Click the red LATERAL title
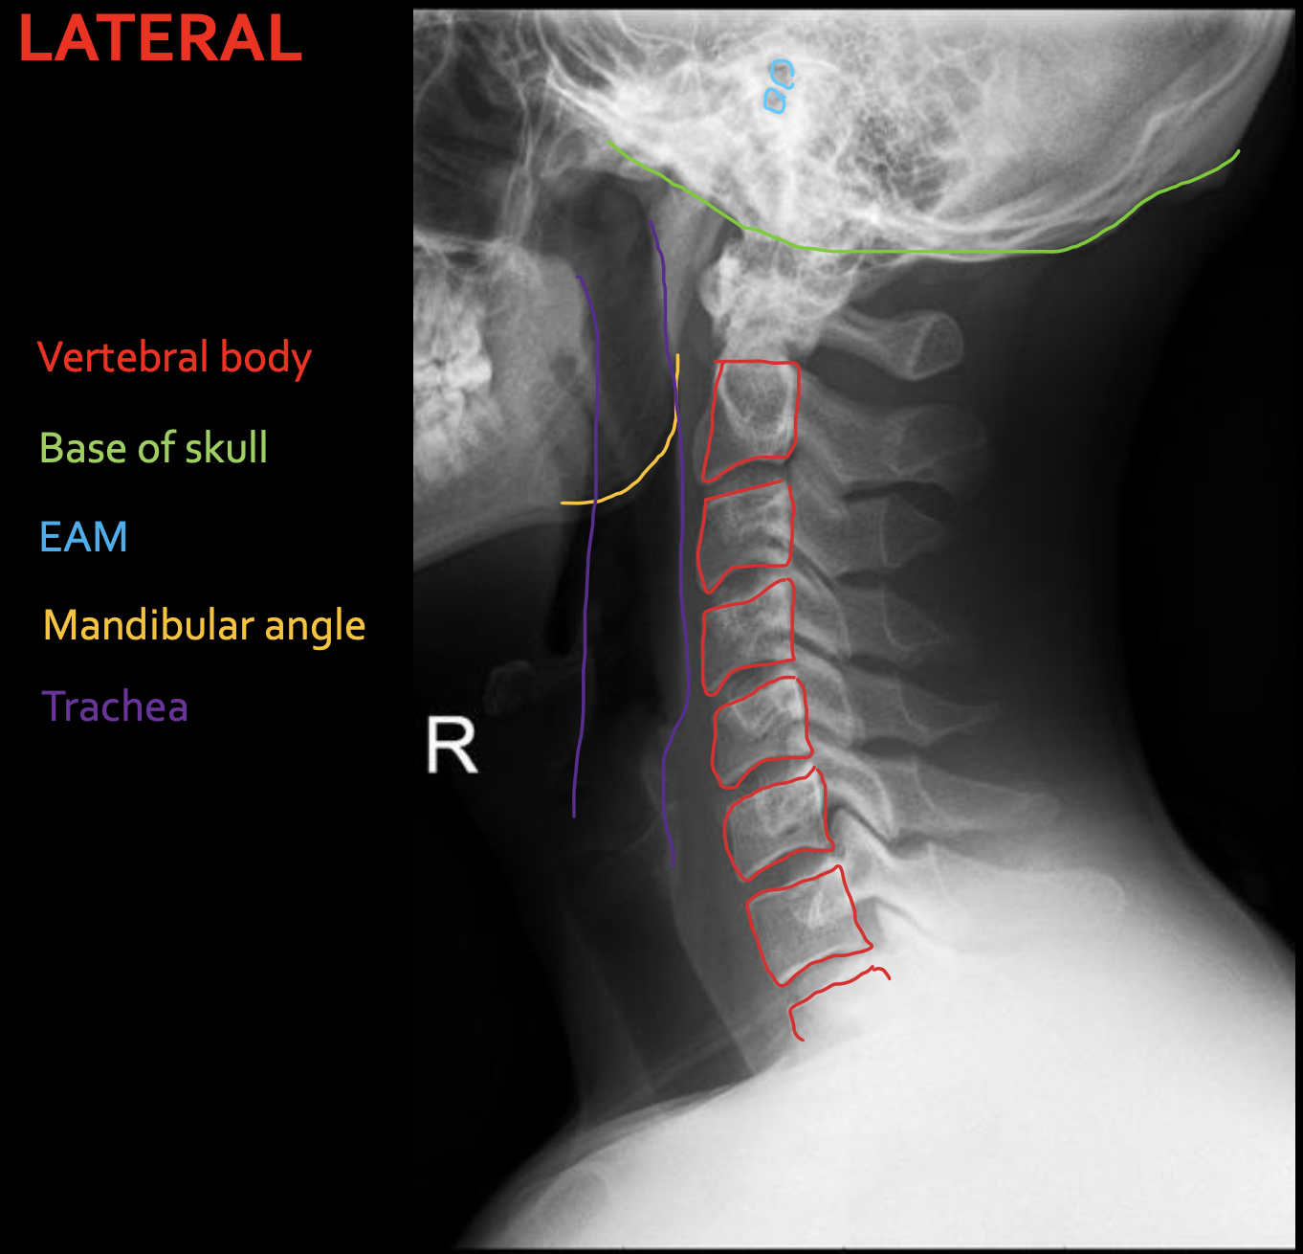161,38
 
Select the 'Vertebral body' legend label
175,358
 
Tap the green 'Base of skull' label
153,447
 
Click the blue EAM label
83,537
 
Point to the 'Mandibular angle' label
204,626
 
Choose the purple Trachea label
115,706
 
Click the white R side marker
452,745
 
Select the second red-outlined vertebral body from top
744,536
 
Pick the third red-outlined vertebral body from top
748,637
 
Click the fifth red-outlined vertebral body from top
778,824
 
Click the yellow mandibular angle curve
654,464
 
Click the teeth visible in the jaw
449,375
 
